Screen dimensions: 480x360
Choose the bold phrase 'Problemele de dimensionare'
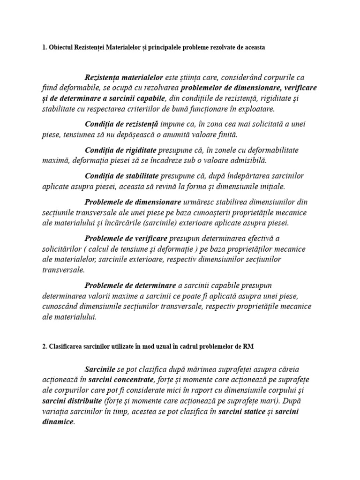click(133, 202)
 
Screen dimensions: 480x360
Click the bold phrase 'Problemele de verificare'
click(127, 239)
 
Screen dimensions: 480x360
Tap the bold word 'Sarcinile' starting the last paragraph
click(100, 369)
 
